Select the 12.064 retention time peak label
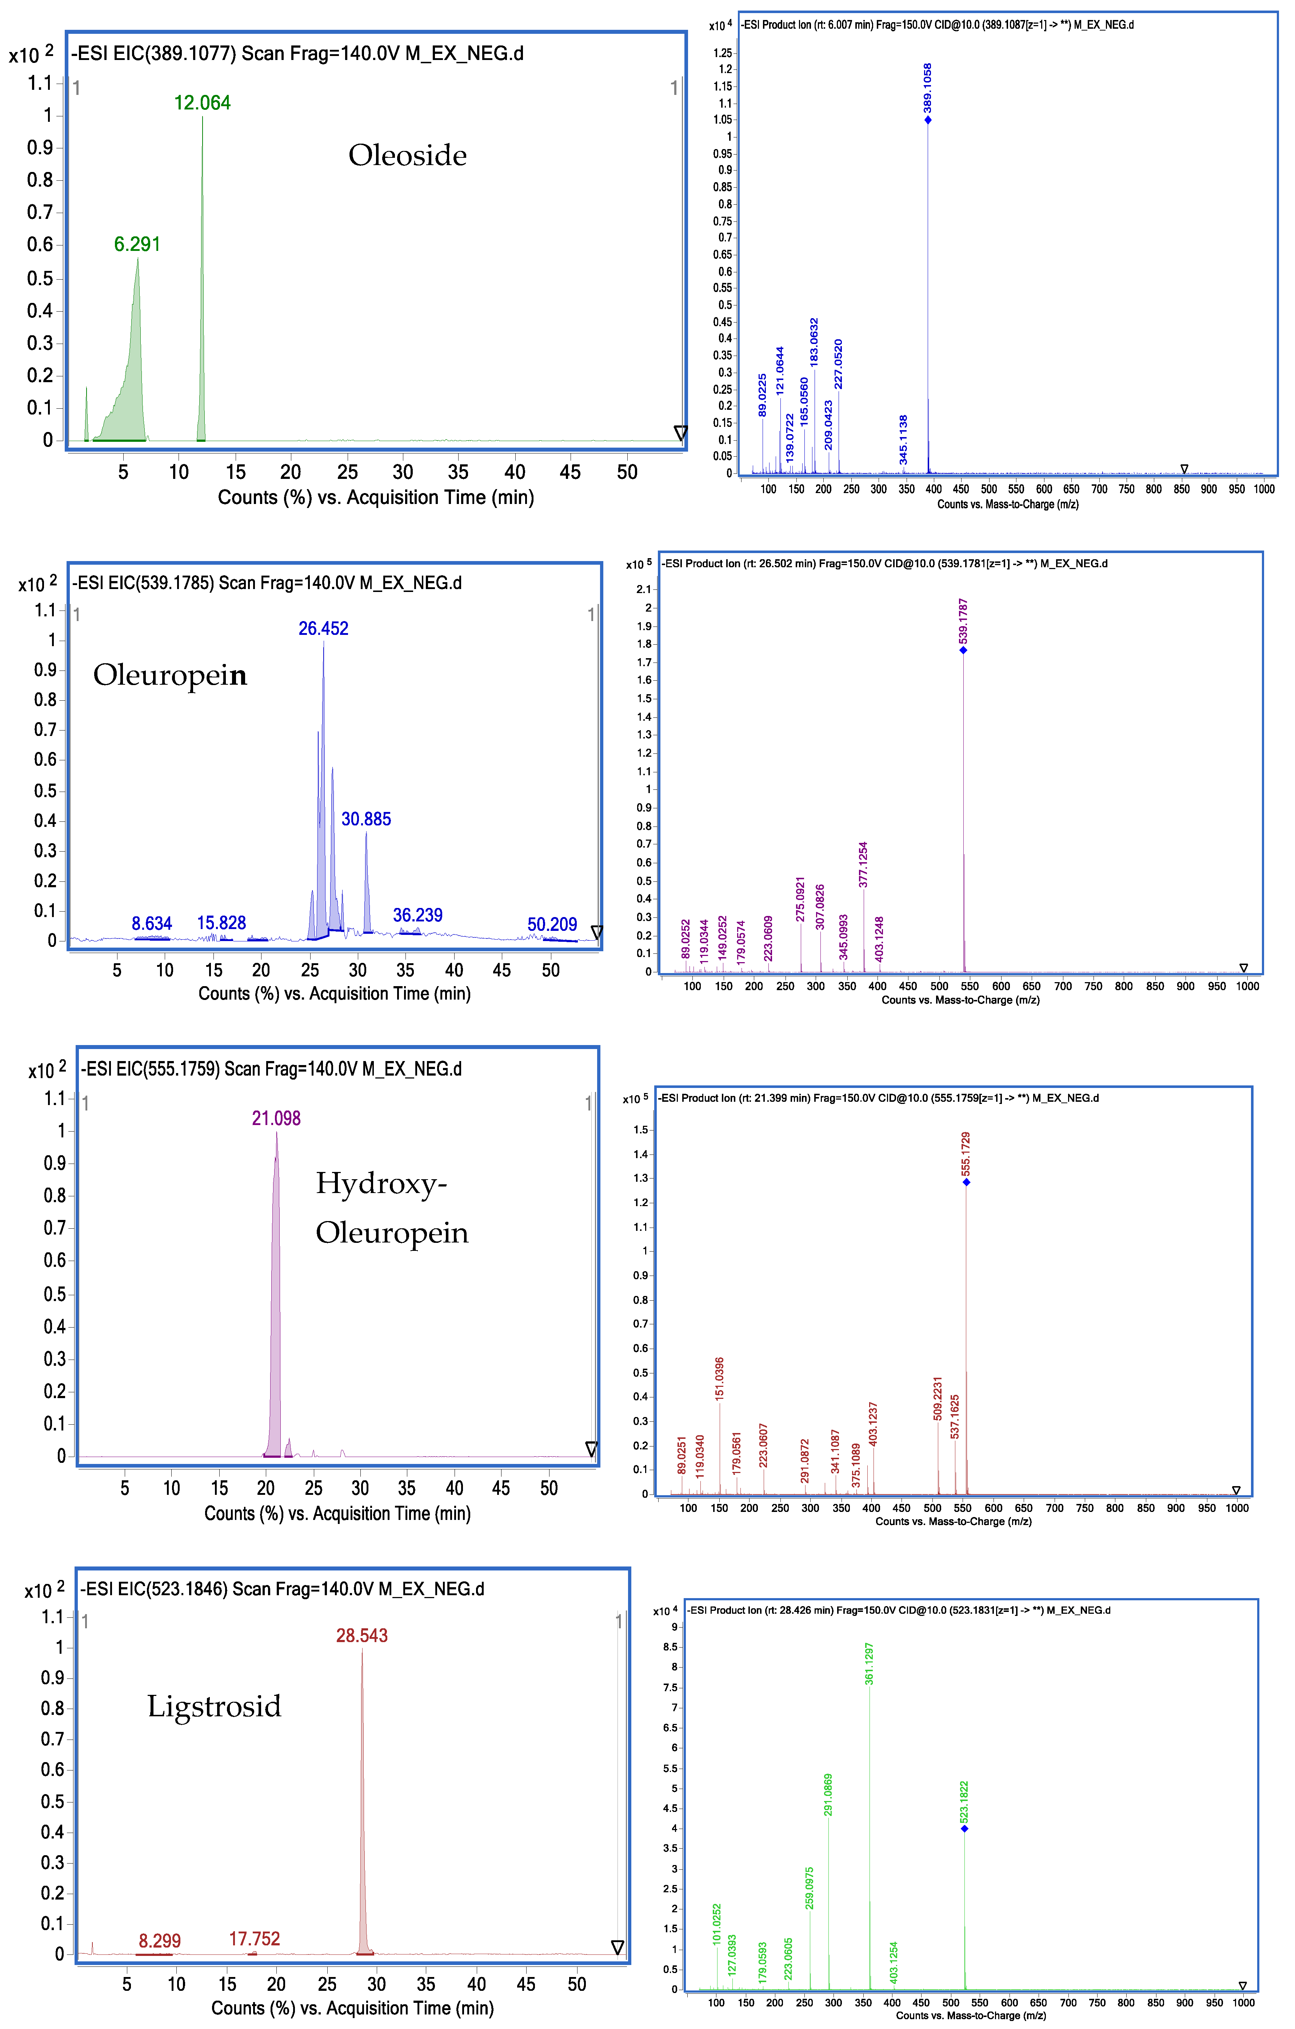202,103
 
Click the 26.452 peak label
324,629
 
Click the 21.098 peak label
276,1118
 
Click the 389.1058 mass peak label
928,88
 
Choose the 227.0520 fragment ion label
838,364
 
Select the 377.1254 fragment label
863,865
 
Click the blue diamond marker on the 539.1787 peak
963,651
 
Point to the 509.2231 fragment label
938,1399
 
